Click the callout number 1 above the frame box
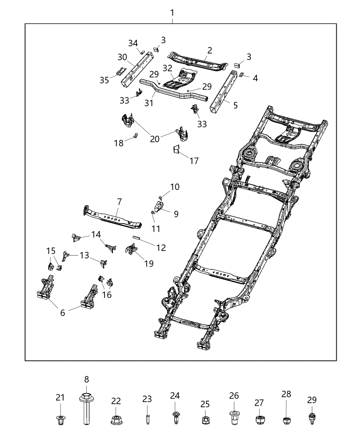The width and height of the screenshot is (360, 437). [172, 13]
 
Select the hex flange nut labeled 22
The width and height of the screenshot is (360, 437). [116, 420]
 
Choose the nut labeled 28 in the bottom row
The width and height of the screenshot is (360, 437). [287, 420]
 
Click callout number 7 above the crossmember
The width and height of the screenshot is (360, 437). [119, 201]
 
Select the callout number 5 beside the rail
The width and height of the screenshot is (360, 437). [235, 105]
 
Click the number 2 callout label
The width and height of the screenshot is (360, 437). [209, 50]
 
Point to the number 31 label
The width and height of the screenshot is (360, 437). [149, 103]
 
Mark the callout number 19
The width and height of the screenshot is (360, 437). [149, 263]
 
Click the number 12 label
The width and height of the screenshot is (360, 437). [161, 247]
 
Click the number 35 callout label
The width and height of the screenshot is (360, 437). [104, 80]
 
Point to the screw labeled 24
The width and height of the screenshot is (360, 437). [175, 417]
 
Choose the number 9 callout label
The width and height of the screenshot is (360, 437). [176, 214]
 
